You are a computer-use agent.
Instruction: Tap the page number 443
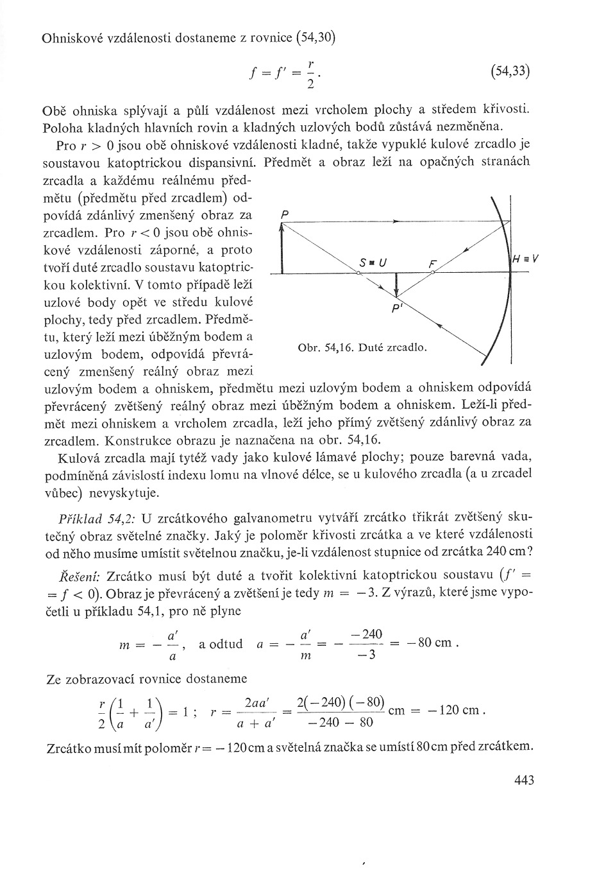point(523,780)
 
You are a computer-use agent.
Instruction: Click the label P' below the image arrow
point(396,308)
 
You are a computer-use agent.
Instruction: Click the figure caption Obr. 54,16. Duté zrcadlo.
point(362,348)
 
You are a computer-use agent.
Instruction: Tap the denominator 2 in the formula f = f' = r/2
point(310,87)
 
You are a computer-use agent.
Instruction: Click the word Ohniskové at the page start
point(72,38)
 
